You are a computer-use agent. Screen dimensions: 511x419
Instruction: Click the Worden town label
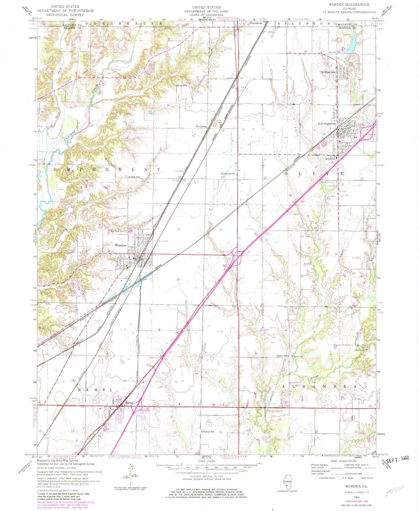[x=121, y=245]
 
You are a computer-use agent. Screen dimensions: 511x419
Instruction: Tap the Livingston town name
[x=327, y=123]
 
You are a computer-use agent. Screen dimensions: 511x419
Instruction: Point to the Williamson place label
[x=328, y=72]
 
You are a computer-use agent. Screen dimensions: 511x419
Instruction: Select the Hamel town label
[x=129, y=403]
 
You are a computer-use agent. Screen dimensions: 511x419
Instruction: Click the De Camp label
[x=201, y=126]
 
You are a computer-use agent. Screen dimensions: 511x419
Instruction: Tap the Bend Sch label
[x=182, y=86]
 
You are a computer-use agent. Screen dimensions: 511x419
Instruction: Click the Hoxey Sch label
[x=208, y=432]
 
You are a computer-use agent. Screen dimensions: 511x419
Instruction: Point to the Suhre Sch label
[x=282, y=356]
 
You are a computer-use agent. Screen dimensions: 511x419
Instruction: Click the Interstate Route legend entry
[x=325, y=478]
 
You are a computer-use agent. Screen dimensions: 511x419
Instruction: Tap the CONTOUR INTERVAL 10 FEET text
[x=206, y=477]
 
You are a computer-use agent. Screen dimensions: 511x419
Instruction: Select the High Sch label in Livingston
[x=330, y=159]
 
